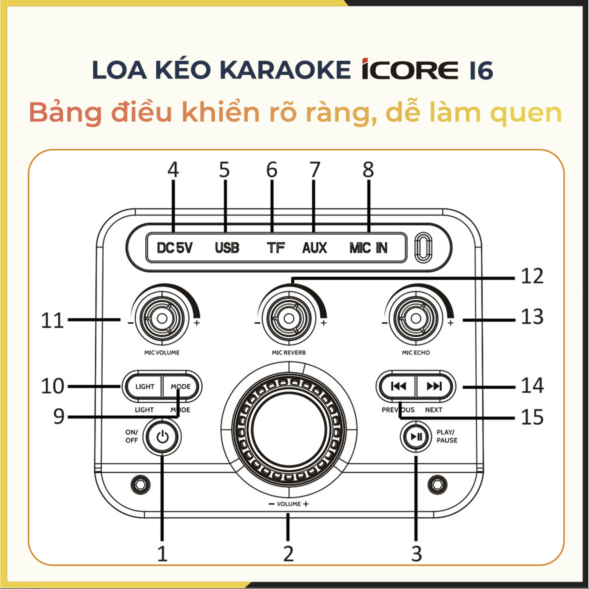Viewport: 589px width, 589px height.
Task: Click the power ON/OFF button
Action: point(162,437)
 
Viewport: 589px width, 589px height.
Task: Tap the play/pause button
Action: point(416,437)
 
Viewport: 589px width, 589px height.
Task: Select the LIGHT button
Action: point(145,387)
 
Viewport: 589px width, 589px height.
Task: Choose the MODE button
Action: point(181,387)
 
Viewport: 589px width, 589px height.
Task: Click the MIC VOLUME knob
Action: point(162,318)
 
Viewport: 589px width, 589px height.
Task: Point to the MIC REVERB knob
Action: point(289,318)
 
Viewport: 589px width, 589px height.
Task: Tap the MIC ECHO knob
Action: point(416,318)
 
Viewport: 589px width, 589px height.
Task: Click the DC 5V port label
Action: point(175,248)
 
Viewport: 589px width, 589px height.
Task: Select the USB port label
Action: point(227,248)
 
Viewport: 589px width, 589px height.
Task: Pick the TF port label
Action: point(275,248)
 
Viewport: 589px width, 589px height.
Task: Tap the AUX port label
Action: point(314,248)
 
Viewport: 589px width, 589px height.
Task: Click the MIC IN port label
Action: point(368,248)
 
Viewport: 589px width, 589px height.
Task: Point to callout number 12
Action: point(532,276)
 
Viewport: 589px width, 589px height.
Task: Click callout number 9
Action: point(59,416)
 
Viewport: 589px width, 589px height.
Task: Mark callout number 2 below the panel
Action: point(288,554)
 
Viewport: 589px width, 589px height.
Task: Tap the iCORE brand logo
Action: point(410,70)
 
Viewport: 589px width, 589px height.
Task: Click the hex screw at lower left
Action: point(140,484)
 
